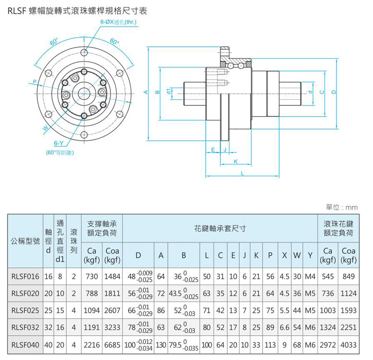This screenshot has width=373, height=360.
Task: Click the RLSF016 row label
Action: pyautogui.click(x=26, y=277)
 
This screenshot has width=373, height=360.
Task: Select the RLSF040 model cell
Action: pyautogui.click(x=26, y=345)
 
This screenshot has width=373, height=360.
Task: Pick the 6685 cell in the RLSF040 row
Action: pyautogui.click(x=112, y=345)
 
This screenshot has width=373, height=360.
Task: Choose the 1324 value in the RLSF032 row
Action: pyautogui.click(x=328, y=328)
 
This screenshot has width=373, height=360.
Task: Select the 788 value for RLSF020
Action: pyautogui.click(x=92, y=294)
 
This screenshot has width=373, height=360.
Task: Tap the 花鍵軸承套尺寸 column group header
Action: pyautogui.click(x=219, y=228)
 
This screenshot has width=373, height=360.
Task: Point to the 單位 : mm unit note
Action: pyautogui.click(x=344, y=207)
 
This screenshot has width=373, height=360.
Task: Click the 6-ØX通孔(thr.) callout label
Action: pyautogui.click(x=117, y=22)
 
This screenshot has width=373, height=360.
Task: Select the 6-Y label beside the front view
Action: pyautogui.click(x=59, y=144)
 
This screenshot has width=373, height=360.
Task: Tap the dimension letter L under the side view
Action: pyautogui.click(x=242, y=173)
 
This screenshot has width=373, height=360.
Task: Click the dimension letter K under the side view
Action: pyautogui.click(x=235, y=161)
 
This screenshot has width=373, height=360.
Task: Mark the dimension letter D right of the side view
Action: pyautogui.click(x=334, y=92)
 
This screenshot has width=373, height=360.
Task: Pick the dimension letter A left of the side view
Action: pyautogui.click(x=145, y=92)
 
